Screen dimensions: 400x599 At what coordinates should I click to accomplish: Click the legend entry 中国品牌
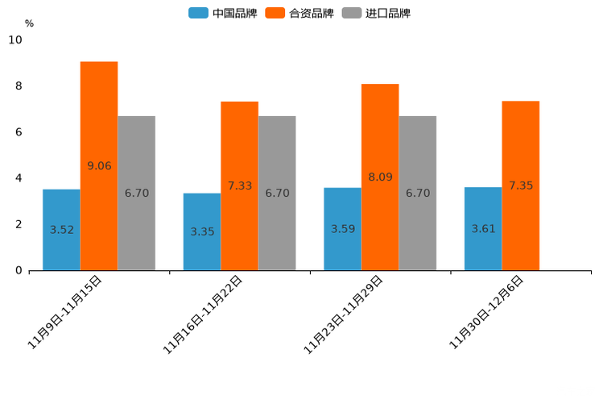click(x=223, y=13)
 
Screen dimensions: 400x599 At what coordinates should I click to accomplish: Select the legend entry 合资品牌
click(x=299, y=13)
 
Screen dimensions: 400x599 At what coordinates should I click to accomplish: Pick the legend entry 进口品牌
click(x=376, y=13)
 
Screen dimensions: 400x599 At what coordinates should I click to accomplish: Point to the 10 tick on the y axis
click(x=15, y=40)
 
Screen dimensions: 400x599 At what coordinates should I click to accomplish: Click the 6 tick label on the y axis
click(x=19, y=132)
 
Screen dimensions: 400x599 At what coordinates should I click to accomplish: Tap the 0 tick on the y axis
click(x=19, y=270)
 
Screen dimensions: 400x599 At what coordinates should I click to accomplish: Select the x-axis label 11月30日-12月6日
click(x=486, y=311)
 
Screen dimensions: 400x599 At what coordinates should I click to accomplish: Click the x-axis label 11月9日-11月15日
click(x=65, y=311)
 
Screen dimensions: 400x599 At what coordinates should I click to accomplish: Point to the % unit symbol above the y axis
click(x=29, y=23)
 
